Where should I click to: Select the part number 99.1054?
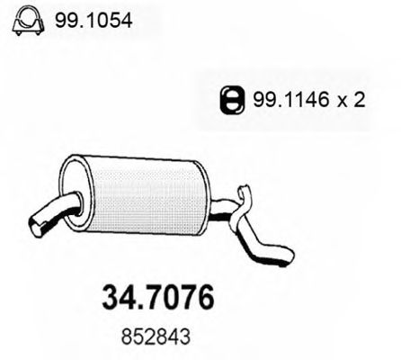[94, 21]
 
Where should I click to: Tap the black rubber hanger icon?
[232, 100]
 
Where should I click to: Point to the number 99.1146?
[290, 100]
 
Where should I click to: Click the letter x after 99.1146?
[341, 102]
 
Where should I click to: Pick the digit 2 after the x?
[360, 100]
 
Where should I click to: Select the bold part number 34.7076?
[158, 297]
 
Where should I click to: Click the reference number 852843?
[156, 337]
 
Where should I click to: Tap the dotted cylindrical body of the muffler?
[147, 196]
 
